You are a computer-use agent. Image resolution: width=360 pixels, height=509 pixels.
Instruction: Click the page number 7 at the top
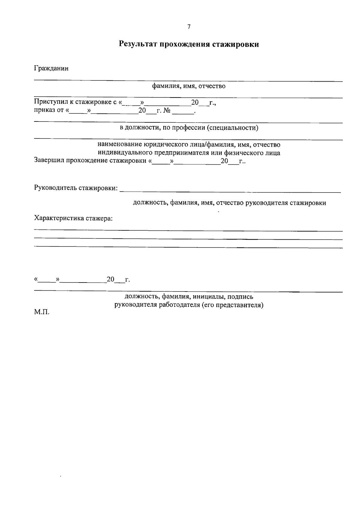189,27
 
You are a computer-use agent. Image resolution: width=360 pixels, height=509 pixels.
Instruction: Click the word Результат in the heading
137,44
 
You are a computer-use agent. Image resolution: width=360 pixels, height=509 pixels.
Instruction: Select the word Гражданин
51,68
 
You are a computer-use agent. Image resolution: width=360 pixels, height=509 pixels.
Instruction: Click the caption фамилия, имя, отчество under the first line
189,86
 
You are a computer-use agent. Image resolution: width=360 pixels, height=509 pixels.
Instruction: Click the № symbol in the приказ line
167,111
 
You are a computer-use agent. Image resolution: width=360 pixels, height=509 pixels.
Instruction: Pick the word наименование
120,145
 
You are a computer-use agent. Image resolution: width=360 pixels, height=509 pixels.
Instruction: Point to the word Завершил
49,160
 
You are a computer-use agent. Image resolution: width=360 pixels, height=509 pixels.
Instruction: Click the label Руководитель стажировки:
76,188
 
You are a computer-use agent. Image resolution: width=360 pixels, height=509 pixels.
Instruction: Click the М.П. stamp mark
42,312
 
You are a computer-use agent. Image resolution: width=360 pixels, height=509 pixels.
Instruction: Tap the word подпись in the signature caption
240,297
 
